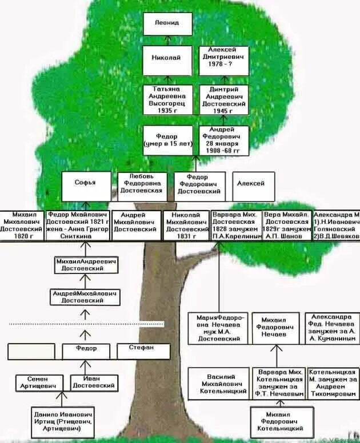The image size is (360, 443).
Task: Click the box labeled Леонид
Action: pos(167,23)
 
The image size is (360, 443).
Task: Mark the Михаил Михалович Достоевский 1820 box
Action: pos(21,225)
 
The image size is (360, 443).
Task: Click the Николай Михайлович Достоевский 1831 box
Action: pos(186,225)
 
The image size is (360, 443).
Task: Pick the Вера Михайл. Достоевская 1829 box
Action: pos(286,225)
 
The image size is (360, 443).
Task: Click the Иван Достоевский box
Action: pos(95,382)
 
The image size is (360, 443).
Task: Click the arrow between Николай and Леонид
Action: pos(167,39)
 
